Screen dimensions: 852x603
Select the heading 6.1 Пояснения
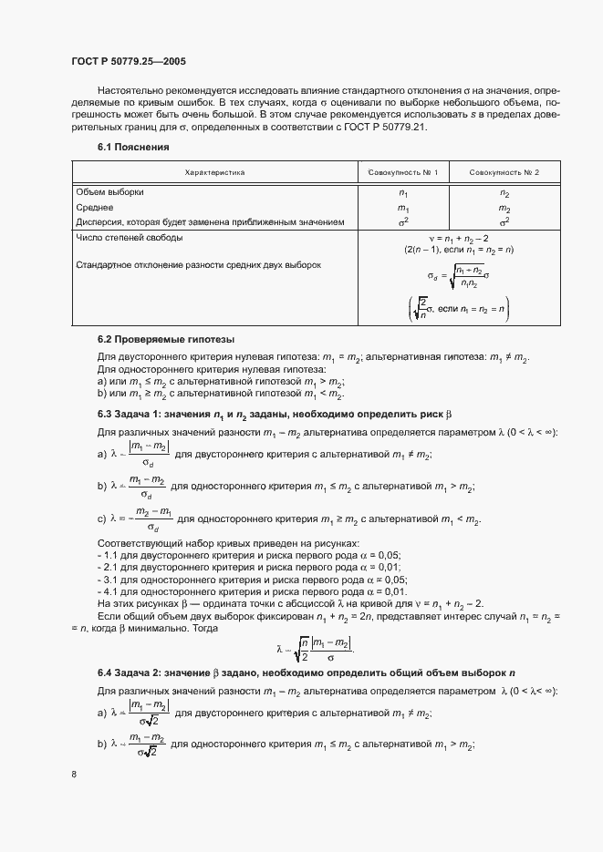[x=133, y=147]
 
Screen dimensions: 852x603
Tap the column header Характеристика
[x=214, y=172]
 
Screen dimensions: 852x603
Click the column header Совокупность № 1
[x=403, y=172]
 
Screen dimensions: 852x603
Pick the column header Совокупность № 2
[x=504, y=172]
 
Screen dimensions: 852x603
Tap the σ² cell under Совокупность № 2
[x=504, y=221]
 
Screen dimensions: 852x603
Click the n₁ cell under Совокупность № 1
[x=403, y=193]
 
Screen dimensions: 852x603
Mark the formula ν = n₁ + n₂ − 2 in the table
[x=453, y=238]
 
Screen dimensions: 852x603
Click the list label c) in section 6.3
[x=101, y=520]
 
